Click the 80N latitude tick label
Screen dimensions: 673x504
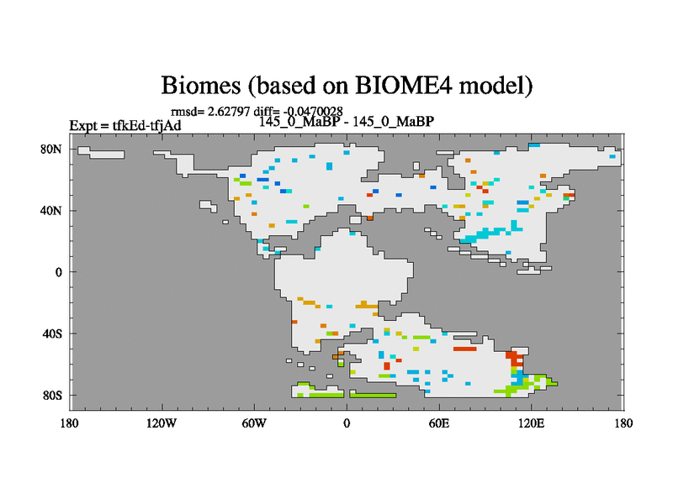(51, 150)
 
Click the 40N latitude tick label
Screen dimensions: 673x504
(51, 211)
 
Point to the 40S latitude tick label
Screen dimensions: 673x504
(52, 333)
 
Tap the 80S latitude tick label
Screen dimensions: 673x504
(52, 395)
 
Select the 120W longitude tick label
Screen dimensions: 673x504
(162, 423)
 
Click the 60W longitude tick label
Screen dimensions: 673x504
(254, 423)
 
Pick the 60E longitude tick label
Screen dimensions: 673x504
(439, 423)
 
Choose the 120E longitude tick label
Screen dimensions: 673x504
(532, 423)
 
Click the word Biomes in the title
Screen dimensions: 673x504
(200, 85)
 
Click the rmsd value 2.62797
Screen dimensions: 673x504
(229, 112)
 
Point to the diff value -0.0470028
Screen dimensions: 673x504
(313, 112)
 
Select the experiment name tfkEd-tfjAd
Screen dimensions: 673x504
(146, 125)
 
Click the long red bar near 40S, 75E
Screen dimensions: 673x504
(465, 349)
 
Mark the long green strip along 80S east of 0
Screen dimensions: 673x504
(374, 395)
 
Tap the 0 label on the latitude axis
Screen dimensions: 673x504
(58, 272)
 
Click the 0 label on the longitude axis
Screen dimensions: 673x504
(347, 423)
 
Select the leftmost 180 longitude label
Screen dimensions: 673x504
(70, 423)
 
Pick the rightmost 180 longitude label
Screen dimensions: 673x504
(623, 423)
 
